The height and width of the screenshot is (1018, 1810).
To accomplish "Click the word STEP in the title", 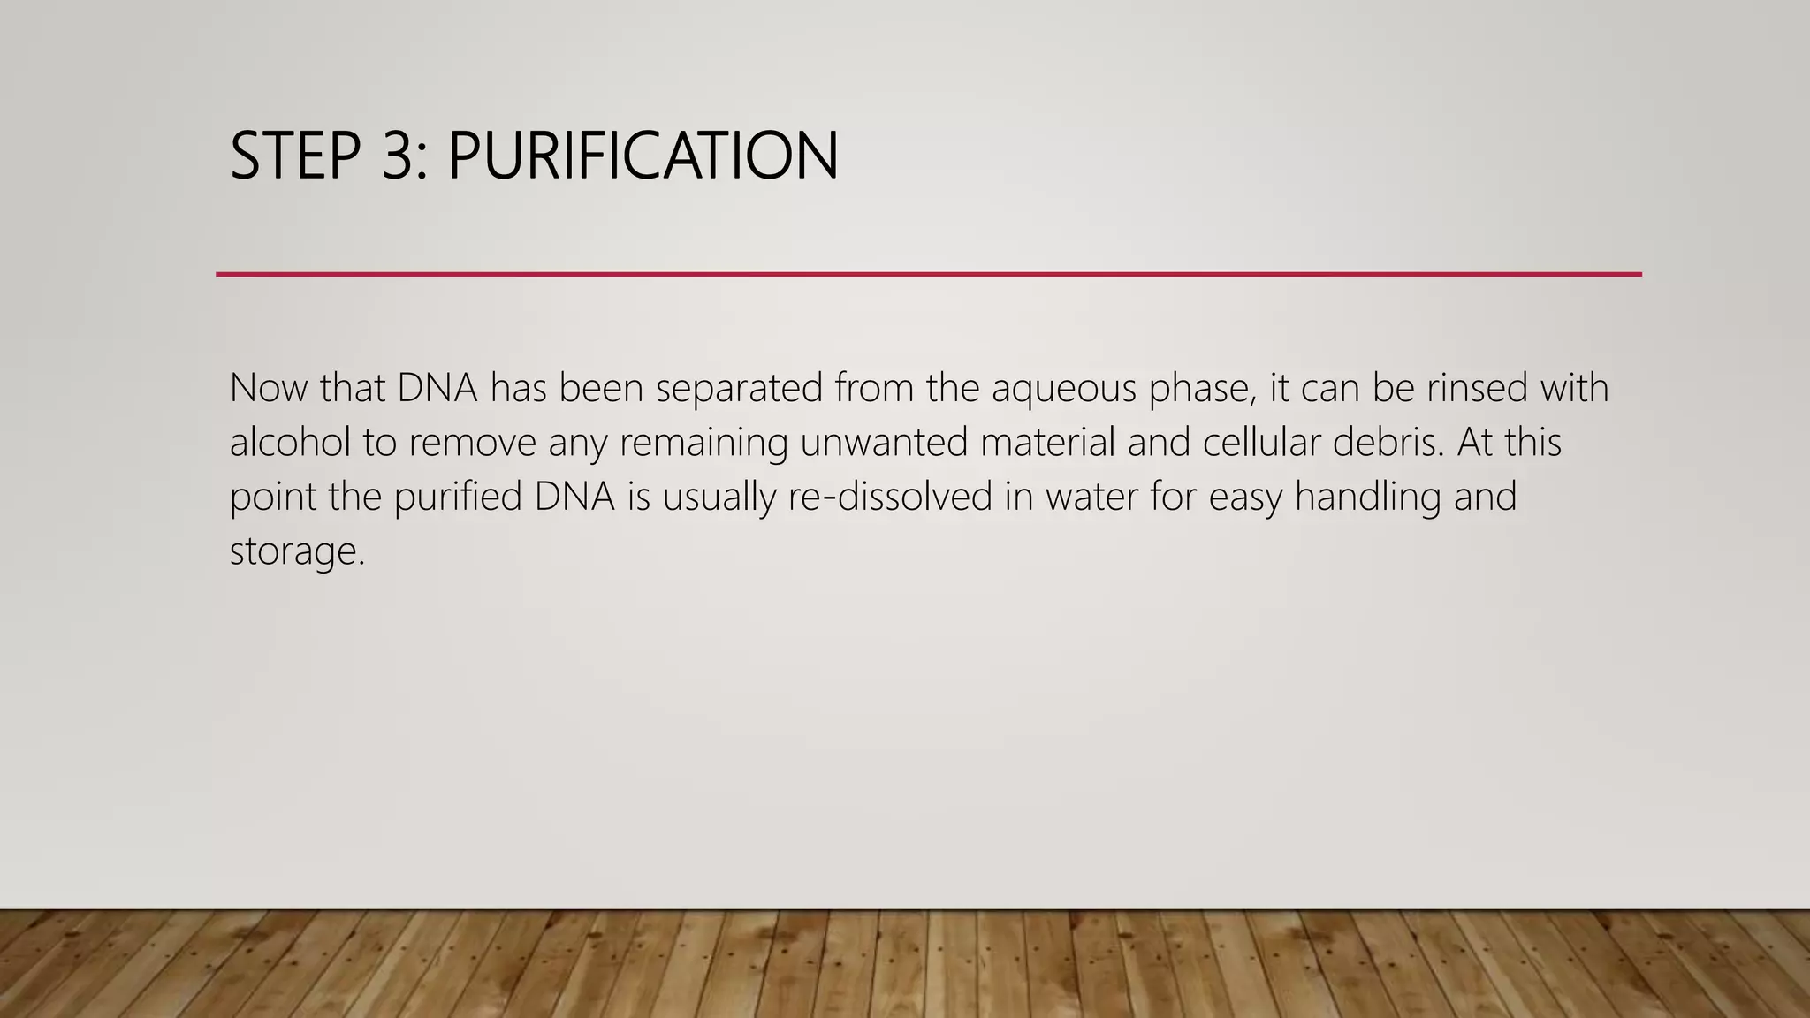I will coord(295,156).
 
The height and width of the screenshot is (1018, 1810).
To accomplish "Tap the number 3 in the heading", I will coord(402,156).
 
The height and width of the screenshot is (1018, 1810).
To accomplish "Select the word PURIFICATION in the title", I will coord(643,156).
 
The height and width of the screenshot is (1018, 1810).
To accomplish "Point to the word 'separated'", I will coord(739,388).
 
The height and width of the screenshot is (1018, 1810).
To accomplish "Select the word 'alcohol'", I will coord(290,442).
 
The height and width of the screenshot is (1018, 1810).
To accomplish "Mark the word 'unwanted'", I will coord(884,442).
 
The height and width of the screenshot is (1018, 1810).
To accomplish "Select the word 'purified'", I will coord(458,497).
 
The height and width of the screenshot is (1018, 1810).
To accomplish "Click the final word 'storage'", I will coord(295,552).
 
